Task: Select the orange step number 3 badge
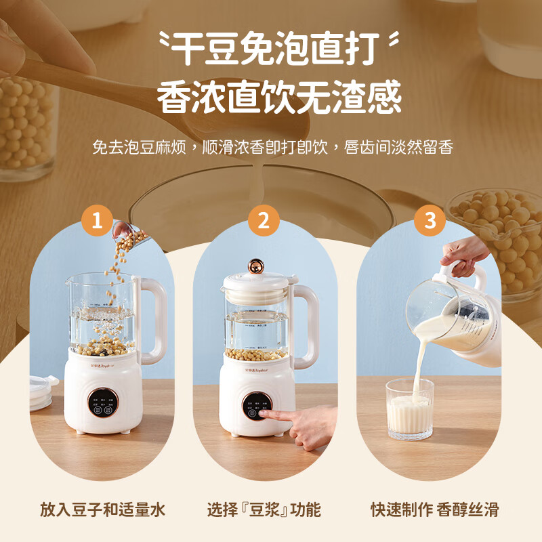click(x=430, y=221)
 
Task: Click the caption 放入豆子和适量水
click(x=102, y=509)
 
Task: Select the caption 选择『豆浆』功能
click(x=264, y=509)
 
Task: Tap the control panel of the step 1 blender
click(x=103, y=404)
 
